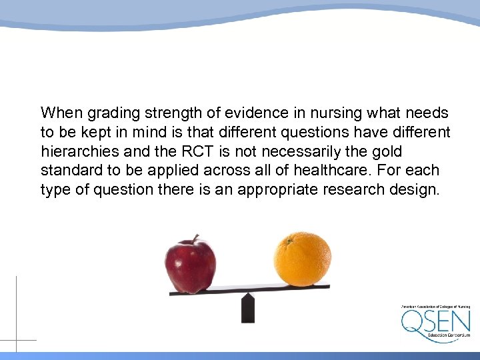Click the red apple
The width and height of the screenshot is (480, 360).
[191, 265]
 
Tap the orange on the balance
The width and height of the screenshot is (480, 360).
[302, 258]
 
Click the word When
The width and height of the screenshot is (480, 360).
[61, 113]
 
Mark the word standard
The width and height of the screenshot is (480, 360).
[67, 171]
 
